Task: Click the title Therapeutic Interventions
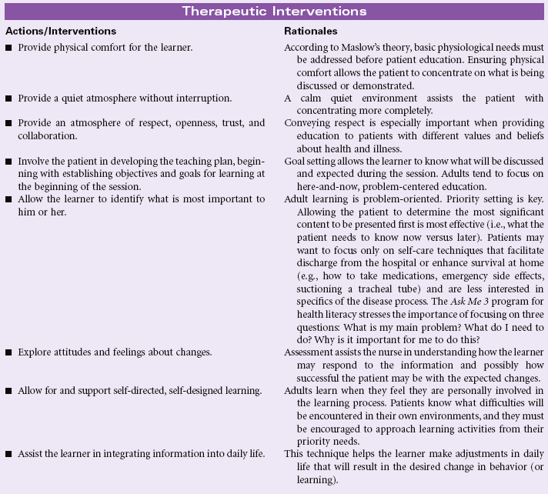tap(274, 12)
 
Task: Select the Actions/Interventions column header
tap(61, 32)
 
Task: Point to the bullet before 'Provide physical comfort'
tap(8, 48)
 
